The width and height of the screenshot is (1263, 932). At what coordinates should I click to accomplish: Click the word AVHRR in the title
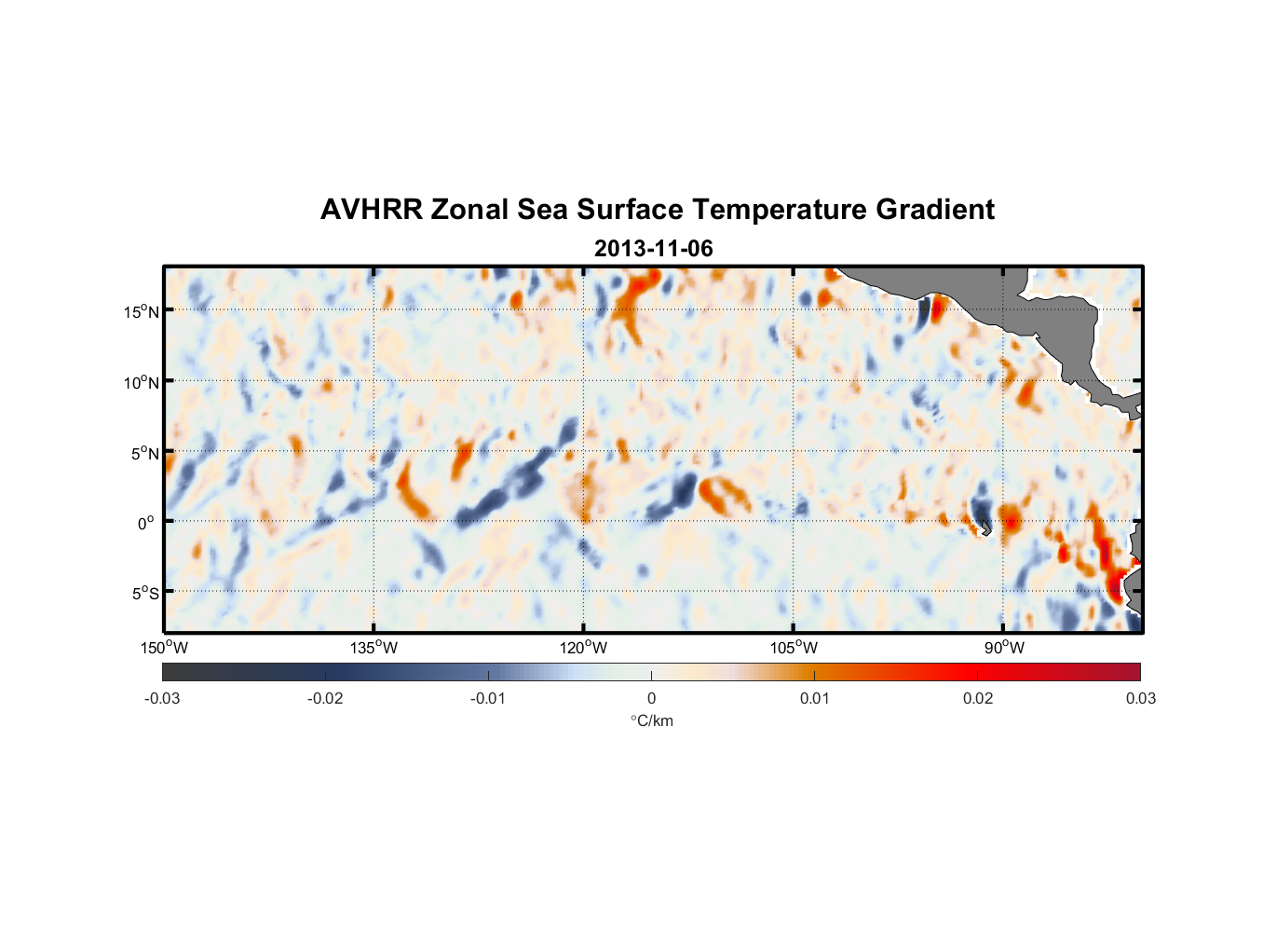click(x=371, y=210)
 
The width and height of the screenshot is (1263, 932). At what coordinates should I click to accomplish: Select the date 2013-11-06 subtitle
click(x=653, y=249)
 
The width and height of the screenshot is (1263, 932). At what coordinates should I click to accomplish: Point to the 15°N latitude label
click(x=142, y=311)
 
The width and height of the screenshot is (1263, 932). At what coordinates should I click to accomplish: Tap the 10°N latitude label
click(x=142, y=382)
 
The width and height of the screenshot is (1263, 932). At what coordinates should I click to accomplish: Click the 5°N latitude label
click(x=144, y=453)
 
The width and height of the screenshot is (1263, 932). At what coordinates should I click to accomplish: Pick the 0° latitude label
click(x=146, y=523)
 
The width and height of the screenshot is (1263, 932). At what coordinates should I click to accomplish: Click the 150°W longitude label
click(x=165, y=648)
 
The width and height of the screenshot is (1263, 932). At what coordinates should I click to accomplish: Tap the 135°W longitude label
click(x=374, y=648)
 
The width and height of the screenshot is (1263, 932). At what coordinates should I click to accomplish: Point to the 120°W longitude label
click(x=584, y=648)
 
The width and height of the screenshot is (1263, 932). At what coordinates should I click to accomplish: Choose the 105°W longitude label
click(x=794, y=648)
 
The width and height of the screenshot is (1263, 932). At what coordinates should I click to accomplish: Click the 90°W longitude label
click(x=1004, y=648)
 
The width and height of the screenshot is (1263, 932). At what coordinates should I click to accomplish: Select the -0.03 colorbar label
click(x=162, y=698)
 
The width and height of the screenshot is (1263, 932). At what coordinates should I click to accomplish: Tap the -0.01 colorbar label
click(x=488, y=698)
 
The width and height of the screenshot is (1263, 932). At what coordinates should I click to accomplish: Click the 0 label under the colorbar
click(x=651, y=698)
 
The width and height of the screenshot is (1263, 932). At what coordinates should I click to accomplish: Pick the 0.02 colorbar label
click(x=978, y=698)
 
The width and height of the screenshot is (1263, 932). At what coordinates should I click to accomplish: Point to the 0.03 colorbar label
click(x=1140, y=698)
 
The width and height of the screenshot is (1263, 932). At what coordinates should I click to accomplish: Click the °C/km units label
click(x=652, y=720)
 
